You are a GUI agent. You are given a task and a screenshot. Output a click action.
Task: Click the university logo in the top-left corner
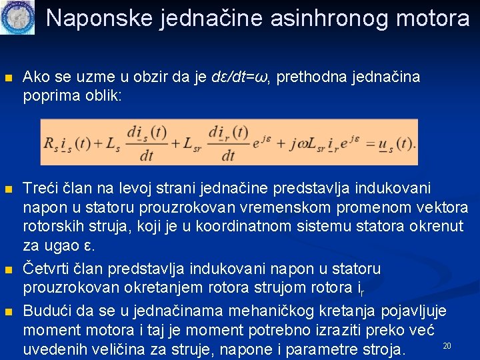coord(17,18)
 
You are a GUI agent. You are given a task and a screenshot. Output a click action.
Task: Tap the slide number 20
coord(447,345)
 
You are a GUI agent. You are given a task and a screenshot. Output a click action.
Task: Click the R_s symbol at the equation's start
coord(51,143)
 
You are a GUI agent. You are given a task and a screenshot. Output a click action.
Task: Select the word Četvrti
coord(48,269)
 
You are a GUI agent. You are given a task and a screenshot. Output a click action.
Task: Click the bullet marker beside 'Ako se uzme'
coord(8,78)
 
